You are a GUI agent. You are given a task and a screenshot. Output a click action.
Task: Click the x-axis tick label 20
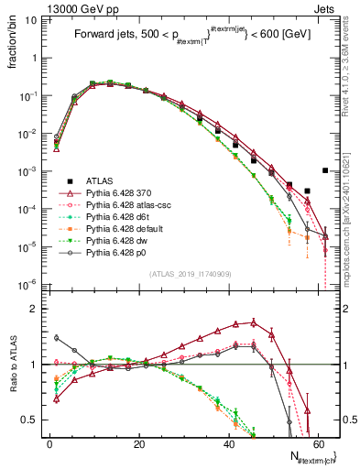pos(139,443)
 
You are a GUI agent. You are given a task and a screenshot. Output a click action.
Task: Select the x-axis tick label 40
pos(228,443)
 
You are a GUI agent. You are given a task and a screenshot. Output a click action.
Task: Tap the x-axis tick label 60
pos(317,443)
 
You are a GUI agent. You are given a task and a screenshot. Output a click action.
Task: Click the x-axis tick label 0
pos(50,443)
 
